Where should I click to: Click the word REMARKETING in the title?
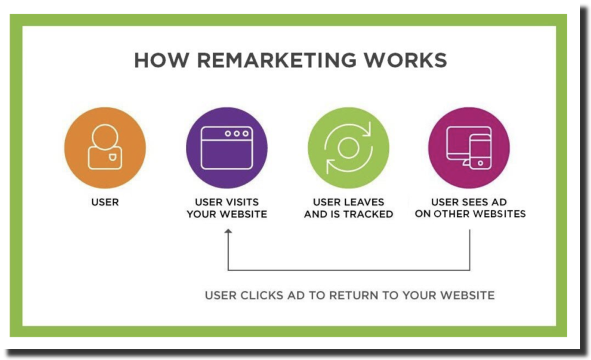[276, 60]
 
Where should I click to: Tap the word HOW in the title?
[162, 60]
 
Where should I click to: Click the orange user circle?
[105, 148]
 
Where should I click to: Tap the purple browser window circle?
[227, 148]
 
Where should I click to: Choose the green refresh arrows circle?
[348, 148]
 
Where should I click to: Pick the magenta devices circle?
[469, 148]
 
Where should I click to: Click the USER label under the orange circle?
[105, 202]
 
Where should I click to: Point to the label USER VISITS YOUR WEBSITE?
[227, 208]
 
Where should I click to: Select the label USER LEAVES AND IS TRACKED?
[349, 208]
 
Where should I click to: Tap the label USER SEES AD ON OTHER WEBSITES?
[470, 208]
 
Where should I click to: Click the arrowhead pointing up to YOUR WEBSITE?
[228, 231]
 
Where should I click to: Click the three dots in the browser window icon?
[237, 134]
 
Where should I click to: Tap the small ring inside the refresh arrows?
[348, 148]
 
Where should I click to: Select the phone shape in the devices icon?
[481, 152]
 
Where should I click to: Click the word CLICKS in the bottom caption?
[261, 295]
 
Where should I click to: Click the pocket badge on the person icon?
[113, 157]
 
